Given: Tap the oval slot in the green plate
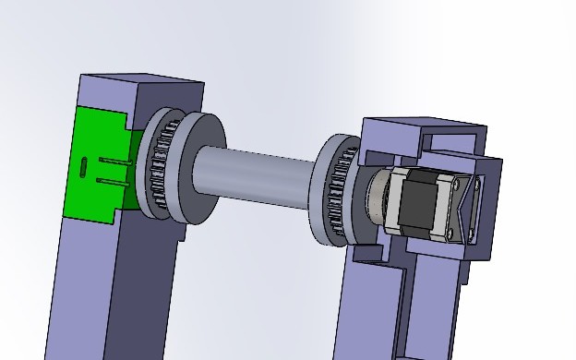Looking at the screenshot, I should point(85,167).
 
